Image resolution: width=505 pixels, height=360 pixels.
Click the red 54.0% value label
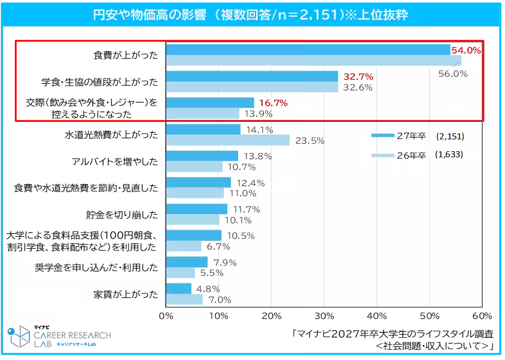(x=466, y=50)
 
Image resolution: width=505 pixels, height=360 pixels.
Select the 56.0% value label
(x=452, y=74)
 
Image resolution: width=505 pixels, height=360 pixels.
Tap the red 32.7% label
(x=358, y=77)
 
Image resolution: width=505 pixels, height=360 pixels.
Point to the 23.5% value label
(x=310, y=141)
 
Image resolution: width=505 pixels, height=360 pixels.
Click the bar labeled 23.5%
(x=227, y=140)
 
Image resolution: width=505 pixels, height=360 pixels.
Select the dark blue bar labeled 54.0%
(x=308, y=50)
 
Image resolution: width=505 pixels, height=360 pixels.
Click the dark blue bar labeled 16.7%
(x=209, y=103)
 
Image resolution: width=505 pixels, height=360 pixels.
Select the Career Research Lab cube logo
(x=17, y=336)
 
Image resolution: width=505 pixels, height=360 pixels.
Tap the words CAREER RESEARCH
(x=72, y=335)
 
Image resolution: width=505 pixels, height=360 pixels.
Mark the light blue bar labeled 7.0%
(x=184, y=299)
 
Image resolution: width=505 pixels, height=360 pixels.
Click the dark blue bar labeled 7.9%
(x=187, y=262)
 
